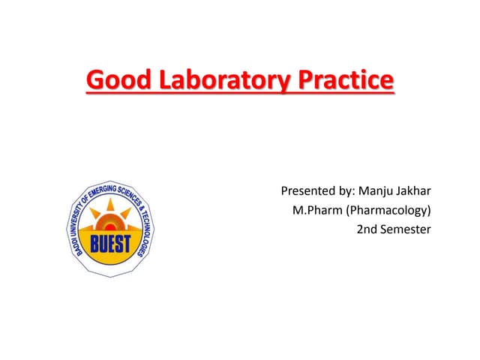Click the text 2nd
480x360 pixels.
[x=367, y=229]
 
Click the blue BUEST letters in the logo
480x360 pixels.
[x=111, y=244]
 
